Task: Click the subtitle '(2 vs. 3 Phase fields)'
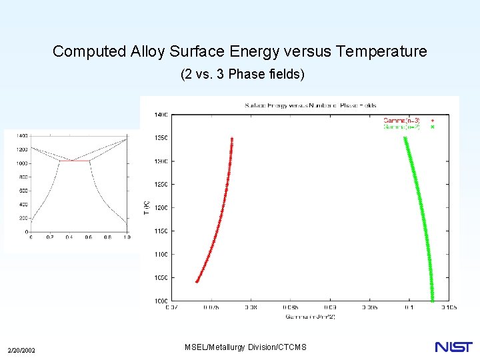click(x=242, y=75)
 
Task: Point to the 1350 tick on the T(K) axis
click(x=162, y=138)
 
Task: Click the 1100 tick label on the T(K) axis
click(x=162, y=254)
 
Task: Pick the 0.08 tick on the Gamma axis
click(x=251, y=308)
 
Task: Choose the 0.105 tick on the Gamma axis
click(x=448, y=308)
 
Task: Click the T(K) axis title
click(x=147, y=207)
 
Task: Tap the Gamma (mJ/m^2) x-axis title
click(x=310, y=316)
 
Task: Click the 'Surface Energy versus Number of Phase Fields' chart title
click(x=310, y=105)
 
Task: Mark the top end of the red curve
click(x=232, y=139)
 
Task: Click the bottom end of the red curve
click(x=197, y=281)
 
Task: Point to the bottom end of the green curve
click(x=432, y=300)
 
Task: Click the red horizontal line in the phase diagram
click(x=74, y=161)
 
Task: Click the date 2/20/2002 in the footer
click(x=21, y=351)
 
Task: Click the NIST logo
click(x=453, y=347)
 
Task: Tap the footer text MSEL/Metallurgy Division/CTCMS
click(x=245, y=347)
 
